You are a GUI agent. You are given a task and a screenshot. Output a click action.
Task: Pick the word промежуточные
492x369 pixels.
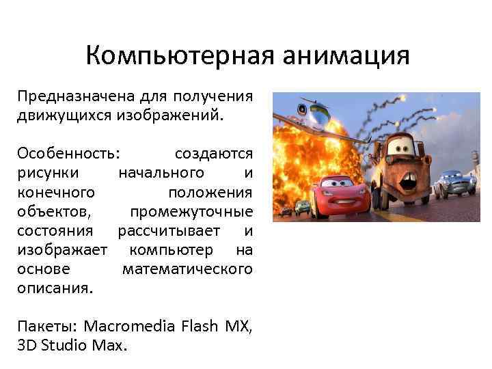pyautogui.click(x=191, y=210)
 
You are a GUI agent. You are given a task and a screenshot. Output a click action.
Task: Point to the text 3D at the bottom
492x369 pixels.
pyautogui.click(x=27, y=345)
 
